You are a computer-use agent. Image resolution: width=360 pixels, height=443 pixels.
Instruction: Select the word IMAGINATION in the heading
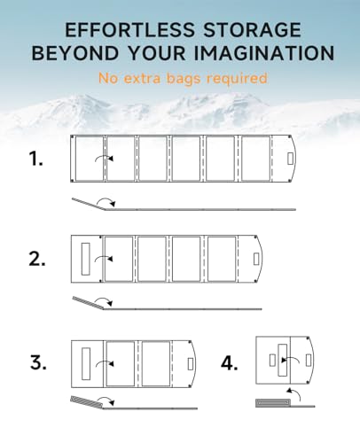pyautogui.click(x=264, y=53)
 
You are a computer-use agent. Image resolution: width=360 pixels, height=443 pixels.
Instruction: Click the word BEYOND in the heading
pyautogui.click(x=75, y=53)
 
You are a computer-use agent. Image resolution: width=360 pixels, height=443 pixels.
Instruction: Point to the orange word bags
pyautogui.click(x=184, y=79)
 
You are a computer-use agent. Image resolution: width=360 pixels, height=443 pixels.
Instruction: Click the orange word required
pyautogui.click(x=237, y=79)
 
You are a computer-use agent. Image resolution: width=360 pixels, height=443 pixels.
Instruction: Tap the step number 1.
pyautogui.click(x=35, y=159)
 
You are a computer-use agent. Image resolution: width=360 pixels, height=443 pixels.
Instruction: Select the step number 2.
pyautogui.click(x=37, y=259)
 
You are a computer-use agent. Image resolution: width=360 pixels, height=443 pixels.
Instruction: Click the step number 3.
pyautogui.click(x=38, y=362)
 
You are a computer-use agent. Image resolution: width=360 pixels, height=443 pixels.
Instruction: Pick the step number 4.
pyautogui.click(x=230, y=363)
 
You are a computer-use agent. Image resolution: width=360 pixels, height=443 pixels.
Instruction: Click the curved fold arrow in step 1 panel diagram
pyautogui.click(x=104, y=158)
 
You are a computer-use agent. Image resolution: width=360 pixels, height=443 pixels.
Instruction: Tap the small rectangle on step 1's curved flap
pyautogui.click(x=290, y=159)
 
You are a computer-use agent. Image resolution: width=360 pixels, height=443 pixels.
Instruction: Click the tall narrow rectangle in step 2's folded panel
pyautogui.click(x=86, y=259)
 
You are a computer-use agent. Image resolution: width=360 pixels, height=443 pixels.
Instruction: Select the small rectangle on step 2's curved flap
pyautogui.click(x=256, y=259)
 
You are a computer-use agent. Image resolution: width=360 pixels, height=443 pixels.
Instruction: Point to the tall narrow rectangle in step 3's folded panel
pyautogui.click(x=86, y=364)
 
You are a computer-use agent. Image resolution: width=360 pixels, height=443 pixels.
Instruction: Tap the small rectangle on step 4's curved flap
pyautogui.click(x=309, y=361)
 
